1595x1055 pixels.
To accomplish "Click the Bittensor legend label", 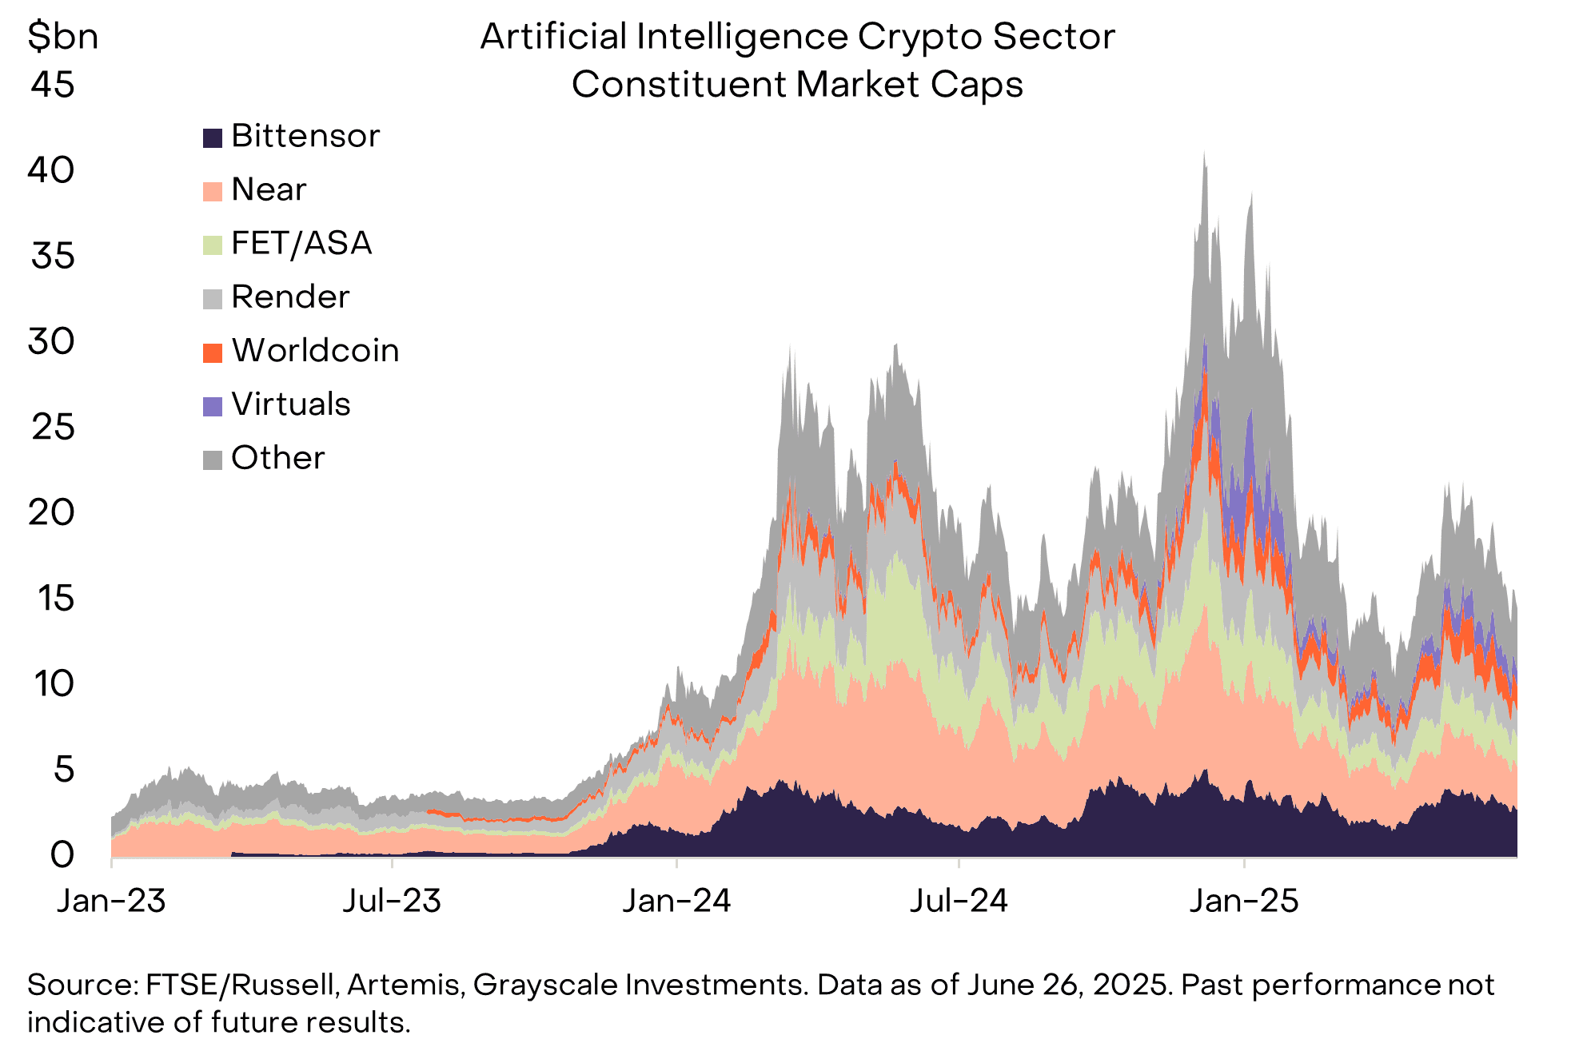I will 305,137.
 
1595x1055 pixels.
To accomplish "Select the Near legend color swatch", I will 212,192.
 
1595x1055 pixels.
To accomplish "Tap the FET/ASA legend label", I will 301,244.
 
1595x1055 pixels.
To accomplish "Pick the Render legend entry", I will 289,297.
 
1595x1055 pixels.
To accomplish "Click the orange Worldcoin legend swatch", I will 212,352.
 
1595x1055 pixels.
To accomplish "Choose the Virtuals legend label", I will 290,404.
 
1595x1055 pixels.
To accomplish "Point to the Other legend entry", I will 277,458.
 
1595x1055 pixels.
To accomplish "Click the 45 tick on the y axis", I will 53,85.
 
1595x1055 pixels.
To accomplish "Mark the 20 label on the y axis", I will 52,512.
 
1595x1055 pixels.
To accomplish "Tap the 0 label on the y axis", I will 62,855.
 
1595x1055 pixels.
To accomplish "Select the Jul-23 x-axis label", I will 392,902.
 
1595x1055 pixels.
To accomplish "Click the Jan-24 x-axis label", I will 676,902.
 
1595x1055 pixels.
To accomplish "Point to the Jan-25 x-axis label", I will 1244,902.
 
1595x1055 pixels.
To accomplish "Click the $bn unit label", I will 62,37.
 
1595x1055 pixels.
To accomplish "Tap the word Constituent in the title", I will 678,85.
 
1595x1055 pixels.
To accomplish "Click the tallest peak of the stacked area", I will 1204,153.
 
